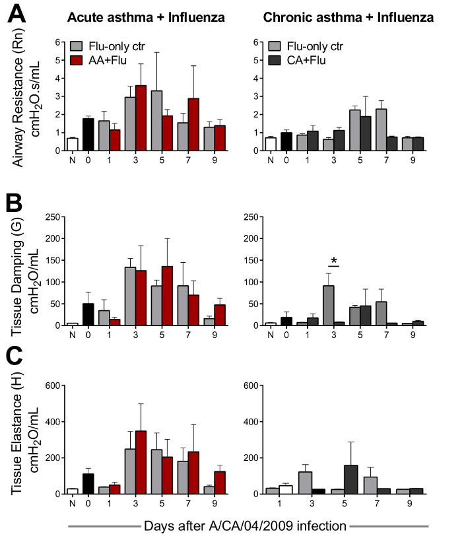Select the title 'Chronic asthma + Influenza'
(348, 18)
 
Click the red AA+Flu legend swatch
(77, 60)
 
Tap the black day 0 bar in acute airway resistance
(88, 135)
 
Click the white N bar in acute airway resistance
(72, 144)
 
